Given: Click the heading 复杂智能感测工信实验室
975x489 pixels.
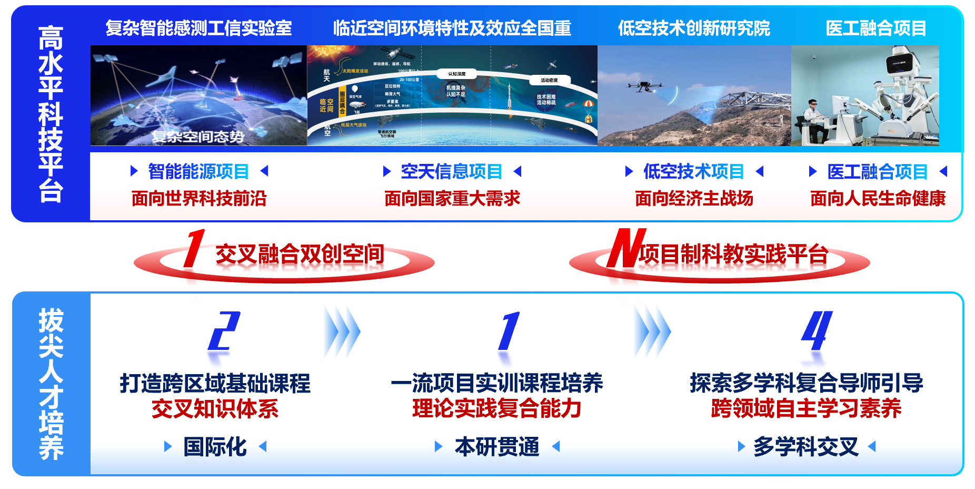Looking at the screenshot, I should click(198, 28).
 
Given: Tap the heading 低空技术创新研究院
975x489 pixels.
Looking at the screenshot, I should click(694, 28).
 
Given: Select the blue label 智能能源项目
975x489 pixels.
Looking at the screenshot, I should click(198, 171).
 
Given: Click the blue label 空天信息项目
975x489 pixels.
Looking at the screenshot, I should click(452, 171).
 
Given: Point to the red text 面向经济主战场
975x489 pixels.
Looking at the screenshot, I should click(694, 199).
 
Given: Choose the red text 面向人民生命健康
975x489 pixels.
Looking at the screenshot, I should click(878, 199).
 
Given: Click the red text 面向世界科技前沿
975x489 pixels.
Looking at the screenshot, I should click(198, 199).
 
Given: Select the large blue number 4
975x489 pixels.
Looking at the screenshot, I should click(817, 331).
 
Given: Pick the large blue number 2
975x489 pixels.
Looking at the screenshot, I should click(224, 331).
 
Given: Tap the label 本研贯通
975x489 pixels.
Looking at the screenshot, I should click(497, 447).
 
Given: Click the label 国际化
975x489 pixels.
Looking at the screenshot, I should click(215, 447).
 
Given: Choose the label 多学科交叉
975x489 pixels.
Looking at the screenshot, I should click(805, 447).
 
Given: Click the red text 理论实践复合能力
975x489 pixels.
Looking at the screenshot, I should click(496, 408).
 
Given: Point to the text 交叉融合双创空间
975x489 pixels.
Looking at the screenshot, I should click(300, 254).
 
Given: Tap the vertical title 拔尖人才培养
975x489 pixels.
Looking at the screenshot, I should click(51, 384).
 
